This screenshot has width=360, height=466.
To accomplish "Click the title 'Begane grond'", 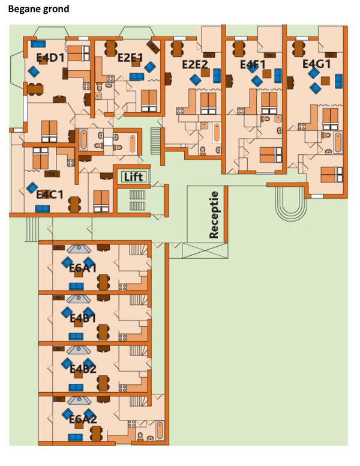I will click(x=38, y=9).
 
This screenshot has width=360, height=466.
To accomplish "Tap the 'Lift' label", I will click(x=133, y=177).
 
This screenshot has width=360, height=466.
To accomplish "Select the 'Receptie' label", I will click(x=214, y=213).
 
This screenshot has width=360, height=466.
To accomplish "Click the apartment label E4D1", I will click(x=50, y=58).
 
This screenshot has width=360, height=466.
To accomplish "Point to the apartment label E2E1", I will click(x=130, y=58).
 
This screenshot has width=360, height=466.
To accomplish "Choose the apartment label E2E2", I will click(x=195, y=64).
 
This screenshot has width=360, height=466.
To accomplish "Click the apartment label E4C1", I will click(x=50, y=195).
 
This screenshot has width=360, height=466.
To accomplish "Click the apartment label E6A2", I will click(x=83, y=419).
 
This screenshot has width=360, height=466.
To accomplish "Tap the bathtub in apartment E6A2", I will click(x=160, y=431).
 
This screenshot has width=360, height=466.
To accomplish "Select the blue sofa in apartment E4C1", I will click(x=42, y=208).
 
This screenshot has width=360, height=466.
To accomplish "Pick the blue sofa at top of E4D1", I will click(x=39, y=43).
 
